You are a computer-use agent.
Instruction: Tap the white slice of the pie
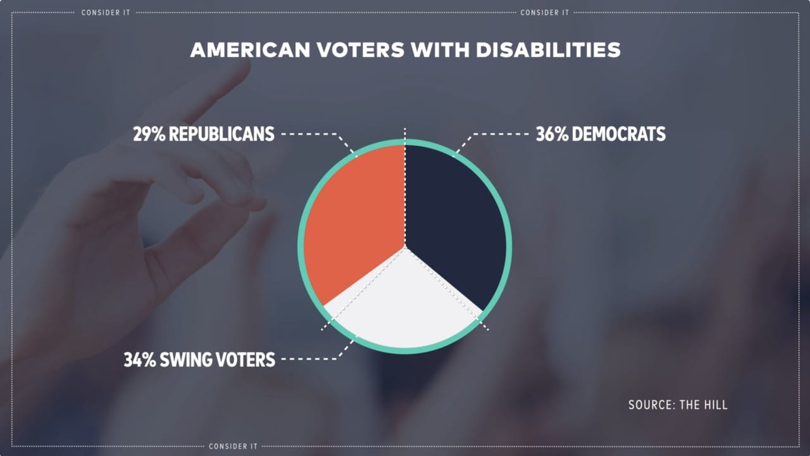click(x=405, y=304)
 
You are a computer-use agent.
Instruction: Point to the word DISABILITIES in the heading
click(x=548, y=50)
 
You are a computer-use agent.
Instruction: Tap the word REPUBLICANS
click(x=221, y=134)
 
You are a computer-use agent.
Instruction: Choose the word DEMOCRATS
click(x=620, y=134)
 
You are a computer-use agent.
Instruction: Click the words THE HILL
click(x=704, y=405)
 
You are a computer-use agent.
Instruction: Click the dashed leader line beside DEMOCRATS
click(x=500, y=134)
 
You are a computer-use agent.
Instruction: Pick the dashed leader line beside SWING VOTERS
click(x=310, y=359)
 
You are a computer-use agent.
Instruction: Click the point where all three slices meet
click(x=405, y=246)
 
